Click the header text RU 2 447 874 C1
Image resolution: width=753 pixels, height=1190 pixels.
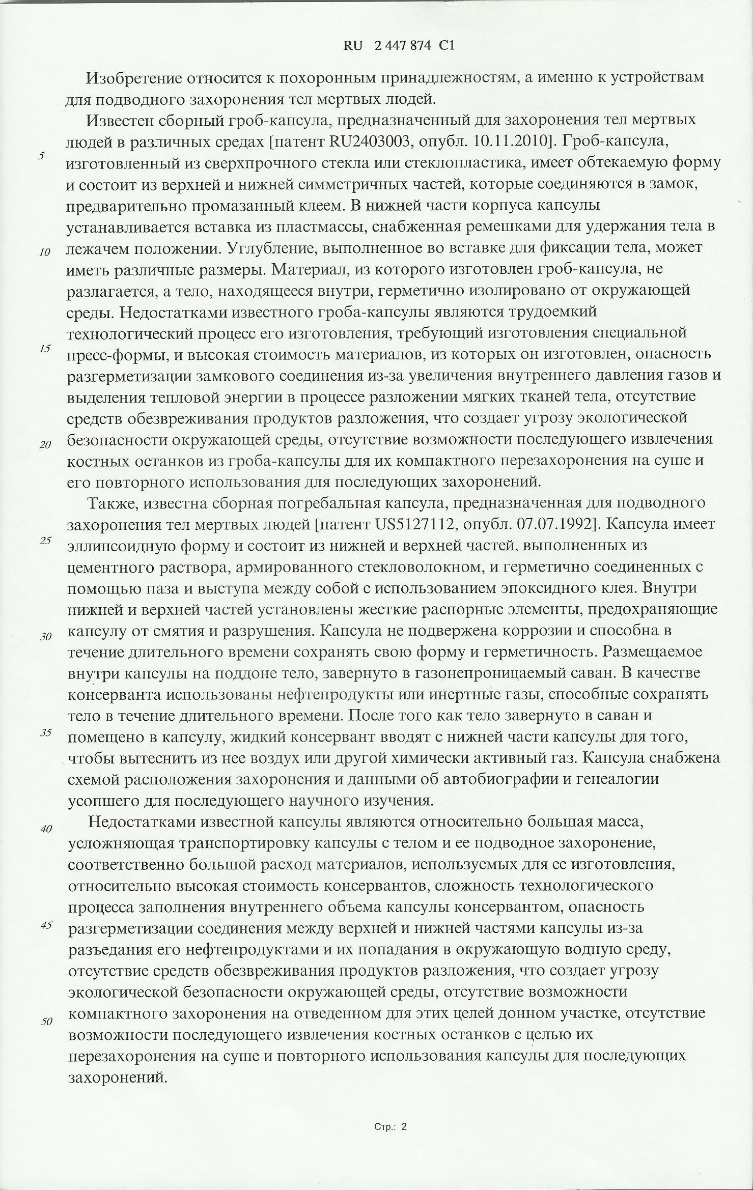pos(399,46)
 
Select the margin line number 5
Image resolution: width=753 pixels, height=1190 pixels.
pos(41,156)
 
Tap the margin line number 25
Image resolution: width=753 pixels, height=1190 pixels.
pos(45,541)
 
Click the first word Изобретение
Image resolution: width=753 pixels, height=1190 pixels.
pos(134,78)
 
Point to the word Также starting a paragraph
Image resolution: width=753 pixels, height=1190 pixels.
pos(112,503)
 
